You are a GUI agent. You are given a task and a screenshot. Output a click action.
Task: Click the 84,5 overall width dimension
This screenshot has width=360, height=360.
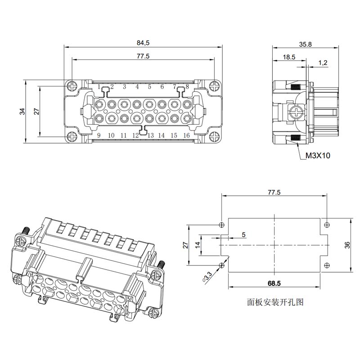143,43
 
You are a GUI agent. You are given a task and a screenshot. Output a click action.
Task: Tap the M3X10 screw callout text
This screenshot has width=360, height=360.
318,156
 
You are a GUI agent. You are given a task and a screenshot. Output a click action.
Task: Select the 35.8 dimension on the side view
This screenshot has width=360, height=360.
306,44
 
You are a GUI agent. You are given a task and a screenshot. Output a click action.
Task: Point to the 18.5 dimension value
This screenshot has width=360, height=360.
289,57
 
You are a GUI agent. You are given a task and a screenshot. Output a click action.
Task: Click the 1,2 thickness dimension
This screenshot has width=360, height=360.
323,63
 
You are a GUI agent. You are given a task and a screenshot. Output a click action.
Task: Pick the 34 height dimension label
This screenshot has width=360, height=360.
22,112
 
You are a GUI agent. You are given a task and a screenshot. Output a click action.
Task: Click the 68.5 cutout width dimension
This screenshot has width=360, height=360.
274,283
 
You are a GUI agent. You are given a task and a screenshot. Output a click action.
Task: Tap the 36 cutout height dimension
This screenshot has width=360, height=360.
347,245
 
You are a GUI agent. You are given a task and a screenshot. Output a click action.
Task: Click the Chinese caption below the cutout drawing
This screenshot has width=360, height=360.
275,302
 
